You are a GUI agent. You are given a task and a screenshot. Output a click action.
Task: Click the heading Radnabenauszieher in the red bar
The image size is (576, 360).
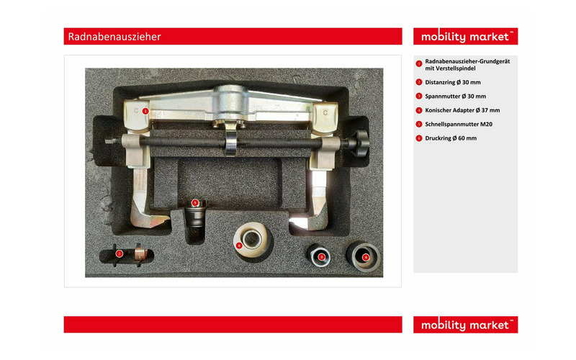click(114, 37)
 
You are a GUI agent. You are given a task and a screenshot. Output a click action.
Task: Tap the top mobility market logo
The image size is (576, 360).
click(465, 37)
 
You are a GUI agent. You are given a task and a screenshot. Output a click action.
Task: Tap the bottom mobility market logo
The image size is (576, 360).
click(465, 325)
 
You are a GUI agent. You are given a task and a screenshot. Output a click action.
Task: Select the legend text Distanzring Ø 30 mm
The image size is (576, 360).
click(453, 82)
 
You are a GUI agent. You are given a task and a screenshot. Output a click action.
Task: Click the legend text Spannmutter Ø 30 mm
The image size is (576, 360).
click(455, 96)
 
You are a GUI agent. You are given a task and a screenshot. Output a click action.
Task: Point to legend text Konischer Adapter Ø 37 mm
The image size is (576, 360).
click(462, 110)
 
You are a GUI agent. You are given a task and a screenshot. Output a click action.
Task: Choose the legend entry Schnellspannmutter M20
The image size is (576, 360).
click(459, 124)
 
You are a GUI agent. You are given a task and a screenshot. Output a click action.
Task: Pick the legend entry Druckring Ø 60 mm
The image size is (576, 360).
click(451, 138)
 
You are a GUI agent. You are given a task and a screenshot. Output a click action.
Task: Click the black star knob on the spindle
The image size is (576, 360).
click(359, 143)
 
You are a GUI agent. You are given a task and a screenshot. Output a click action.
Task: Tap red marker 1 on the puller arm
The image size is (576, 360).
click(145, 111)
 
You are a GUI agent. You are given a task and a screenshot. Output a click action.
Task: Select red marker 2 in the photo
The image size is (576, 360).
click(119, 253)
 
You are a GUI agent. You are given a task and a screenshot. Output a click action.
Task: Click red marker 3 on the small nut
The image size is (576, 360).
click(321, 257)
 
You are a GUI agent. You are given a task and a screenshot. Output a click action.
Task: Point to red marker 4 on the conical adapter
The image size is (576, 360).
click(366, 258)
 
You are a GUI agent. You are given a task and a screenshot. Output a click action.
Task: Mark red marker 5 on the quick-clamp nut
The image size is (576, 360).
click(195, 203)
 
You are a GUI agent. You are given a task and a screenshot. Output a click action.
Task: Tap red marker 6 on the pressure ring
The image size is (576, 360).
click(239, 246)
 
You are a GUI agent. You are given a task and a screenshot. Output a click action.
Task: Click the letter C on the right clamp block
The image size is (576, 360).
click(325, 113)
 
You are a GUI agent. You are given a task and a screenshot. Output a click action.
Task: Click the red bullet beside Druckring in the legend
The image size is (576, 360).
click(419, 138)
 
